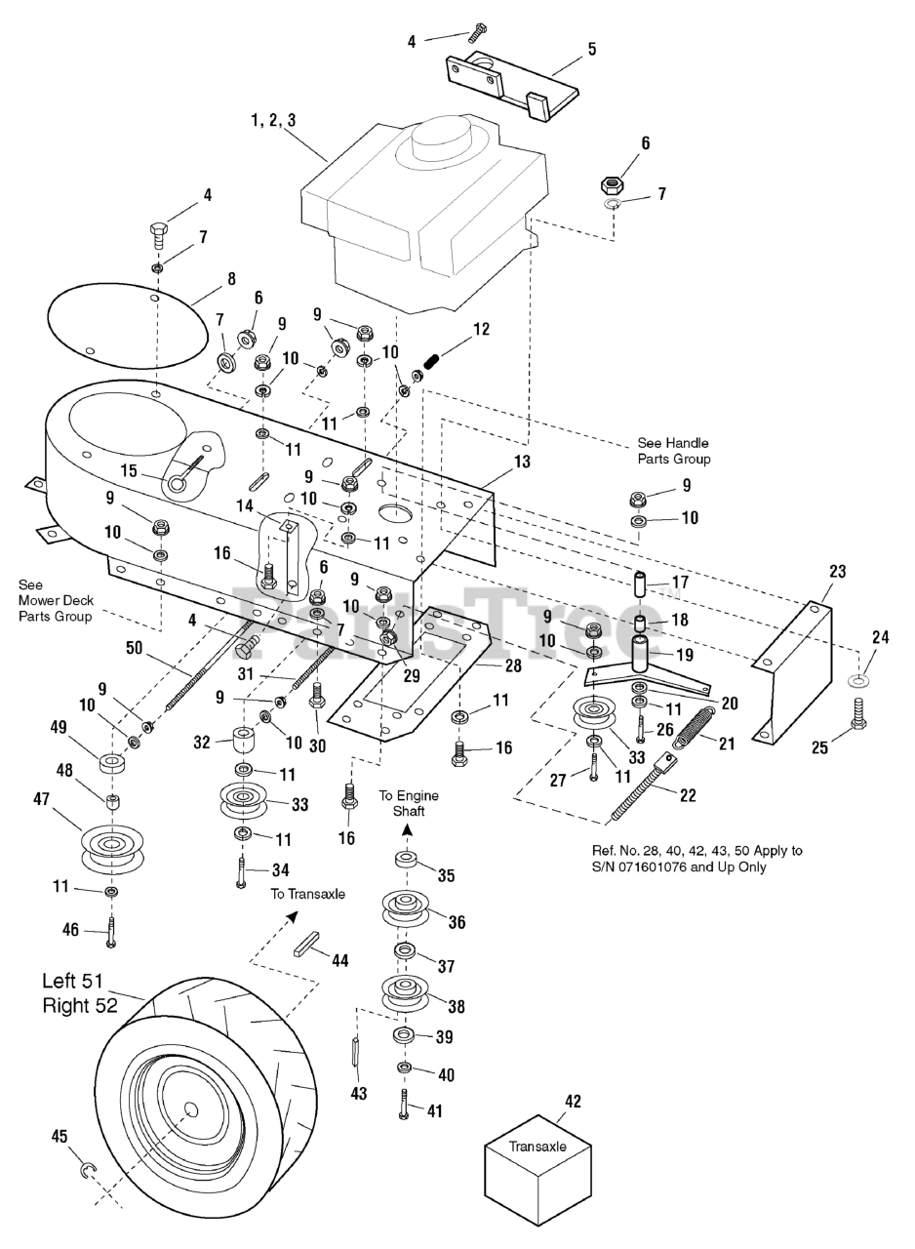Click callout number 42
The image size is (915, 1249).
point(573,1102)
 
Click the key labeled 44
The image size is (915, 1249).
point(308,947)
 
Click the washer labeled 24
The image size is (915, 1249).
point(859,679)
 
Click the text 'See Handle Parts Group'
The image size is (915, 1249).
point(673,451)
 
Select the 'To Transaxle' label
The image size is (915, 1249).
point(307,894)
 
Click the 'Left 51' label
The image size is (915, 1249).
point(85,981)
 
